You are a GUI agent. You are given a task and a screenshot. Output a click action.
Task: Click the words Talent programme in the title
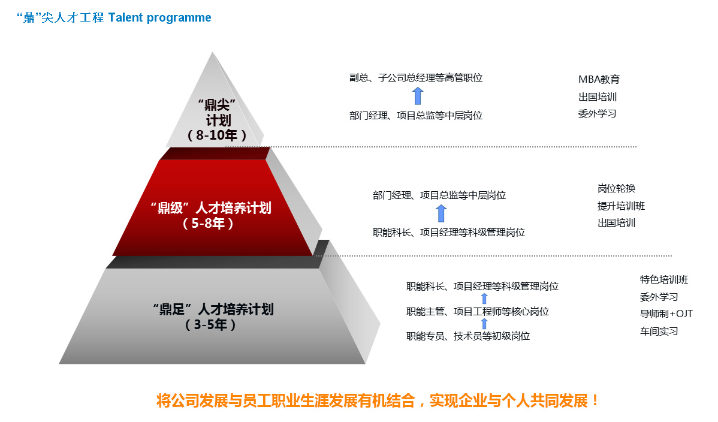160,18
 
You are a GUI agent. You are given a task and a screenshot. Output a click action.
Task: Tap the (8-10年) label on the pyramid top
217,135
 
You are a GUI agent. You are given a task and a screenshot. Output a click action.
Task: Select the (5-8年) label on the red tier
209,224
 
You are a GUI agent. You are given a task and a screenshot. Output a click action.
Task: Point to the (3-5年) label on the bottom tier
210,325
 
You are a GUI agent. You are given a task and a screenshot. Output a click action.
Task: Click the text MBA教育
599,79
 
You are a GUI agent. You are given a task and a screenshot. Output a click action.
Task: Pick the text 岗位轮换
616,188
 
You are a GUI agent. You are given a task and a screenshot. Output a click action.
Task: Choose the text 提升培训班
621,206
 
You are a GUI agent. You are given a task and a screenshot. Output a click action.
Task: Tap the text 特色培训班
664,279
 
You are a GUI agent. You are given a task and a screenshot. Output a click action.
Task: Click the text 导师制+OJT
666,314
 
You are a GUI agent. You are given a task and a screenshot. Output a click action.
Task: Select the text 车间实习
659,331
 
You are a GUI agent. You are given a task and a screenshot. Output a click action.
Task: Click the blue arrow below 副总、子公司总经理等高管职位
418,97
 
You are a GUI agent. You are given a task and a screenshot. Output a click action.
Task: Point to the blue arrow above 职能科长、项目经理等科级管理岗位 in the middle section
441,213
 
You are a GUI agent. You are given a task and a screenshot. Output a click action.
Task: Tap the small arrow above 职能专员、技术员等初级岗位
484,324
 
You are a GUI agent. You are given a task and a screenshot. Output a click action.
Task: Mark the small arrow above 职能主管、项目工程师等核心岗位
484,299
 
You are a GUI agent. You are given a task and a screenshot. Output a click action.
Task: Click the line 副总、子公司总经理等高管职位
416,78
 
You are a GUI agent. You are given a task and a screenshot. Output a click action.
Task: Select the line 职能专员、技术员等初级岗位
468,336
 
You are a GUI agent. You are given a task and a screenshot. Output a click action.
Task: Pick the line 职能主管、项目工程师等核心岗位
478,312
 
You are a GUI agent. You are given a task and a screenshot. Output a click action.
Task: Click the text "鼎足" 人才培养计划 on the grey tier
213,309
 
